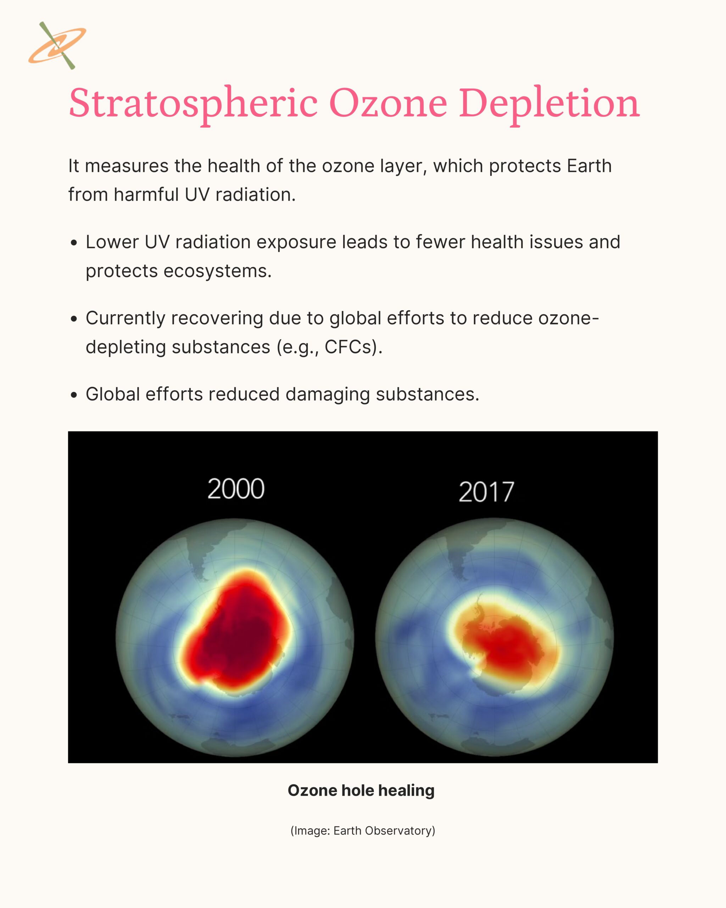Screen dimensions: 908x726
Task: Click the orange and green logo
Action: [x=57, y=45]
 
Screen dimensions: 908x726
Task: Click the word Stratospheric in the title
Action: [x=193, y=103]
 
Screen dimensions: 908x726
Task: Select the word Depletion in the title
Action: [x=549, y=103]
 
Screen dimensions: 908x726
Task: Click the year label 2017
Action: [x=486, y=492]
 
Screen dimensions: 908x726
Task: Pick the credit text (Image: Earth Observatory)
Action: [x=363, y=831]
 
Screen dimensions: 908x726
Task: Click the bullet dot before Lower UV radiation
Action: [x=74, y=243]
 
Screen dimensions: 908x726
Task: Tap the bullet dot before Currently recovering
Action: [x=74, y=319]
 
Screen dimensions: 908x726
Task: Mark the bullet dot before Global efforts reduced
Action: [x=74, y=395]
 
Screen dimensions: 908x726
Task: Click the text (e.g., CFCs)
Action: [x=329, y=347]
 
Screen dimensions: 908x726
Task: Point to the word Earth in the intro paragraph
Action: [x=589, y=166]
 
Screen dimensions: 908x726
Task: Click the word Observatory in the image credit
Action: [x=400, y=831]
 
